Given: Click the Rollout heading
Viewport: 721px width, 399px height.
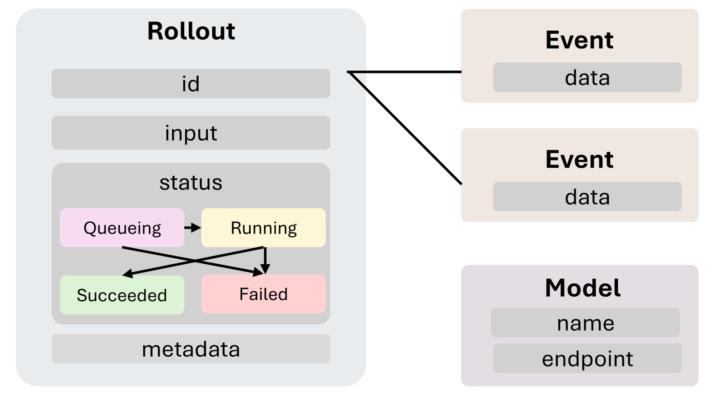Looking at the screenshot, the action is pyautogui.click(x=191, y=31).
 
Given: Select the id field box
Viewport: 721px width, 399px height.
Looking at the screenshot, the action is pyautogui.click(x=191, y=83).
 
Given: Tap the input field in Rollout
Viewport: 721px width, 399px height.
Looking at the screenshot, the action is pyautogui.click(x=191, y=133).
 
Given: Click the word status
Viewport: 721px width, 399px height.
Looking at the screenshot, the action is pyautogui.click(x=191, y=183).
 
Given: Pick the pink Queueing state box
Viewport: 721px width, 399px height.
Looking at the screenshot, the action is pyautogui.click(x=122, y=228).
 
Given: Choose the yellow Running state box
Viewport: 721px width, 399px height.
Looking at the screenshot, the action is pyautogui.click(x=264, y=228).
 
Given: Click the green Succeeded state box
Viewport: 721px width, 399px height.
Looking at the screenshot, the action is pyautogui.click(x=122, y=295).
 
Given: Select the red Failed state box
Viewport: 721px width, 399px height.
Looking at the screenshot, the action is pyautogui.click(x=264, y=294).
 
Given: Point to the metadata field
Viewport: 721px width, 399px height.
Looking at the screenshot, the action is pyautogui.click(x=191, y=349).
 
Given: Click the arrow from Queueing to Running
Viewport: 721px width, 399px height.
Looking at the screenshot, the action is pyautogui.click(x=193, y=228).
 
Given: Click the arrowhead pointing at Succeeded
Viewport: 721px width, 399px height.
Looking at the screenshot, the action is pyautogui.click(x=128, y=274).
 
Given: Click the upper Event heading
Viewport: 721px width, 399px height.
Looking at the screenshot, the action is pyautogui.click(x=580, y=40).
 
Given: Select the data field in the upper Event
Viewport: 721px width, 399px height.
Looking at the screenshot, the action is pyautogui.click(x=588, y=77).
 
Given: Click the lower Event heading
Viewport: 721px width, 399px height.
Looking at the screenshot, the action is pyautogui.click(x=580, y=159).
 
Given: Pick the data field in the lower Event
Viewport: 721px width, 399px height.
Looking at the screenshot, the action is pyautogui.click(x=588, y=197).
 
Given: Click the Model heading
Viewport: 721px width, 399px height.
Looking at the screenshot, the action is pyautogui.click(x=583, y=288).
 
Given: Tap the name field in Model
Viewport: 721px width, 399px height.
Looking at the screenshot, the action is pyautogui.click(x=585, y=322).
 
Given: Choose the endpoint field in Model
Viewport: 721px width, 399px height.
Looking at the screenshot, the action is pyautogui.click(x=588, y=358).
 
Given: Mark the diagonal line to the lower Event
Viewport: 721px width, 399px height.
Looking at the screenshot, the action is pyautogui.click(x=406, y=128).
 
